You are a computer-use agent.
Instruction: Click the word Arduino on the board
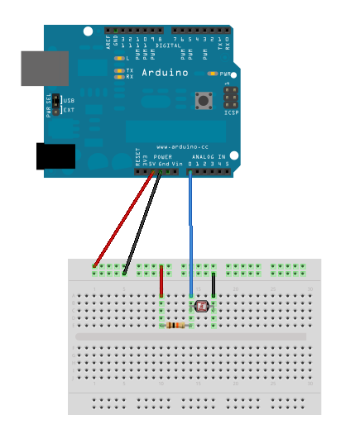click(164, 73)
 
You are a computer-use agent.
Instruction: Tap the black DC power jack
click(55, 155)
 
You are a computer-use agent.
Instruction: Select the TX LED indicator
click(121, 71)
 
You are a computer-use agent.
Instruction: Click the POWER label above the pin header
click(162, 156)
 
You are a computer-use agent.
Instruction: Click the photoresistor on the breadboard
click(201, 307)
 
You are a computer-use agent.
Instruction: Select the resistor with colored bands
click(175, 325)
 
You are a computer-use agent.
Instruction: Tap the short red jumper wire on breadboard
click(161, 284)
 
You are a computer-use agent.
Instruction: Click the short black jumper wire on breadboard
click(214, 285)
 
